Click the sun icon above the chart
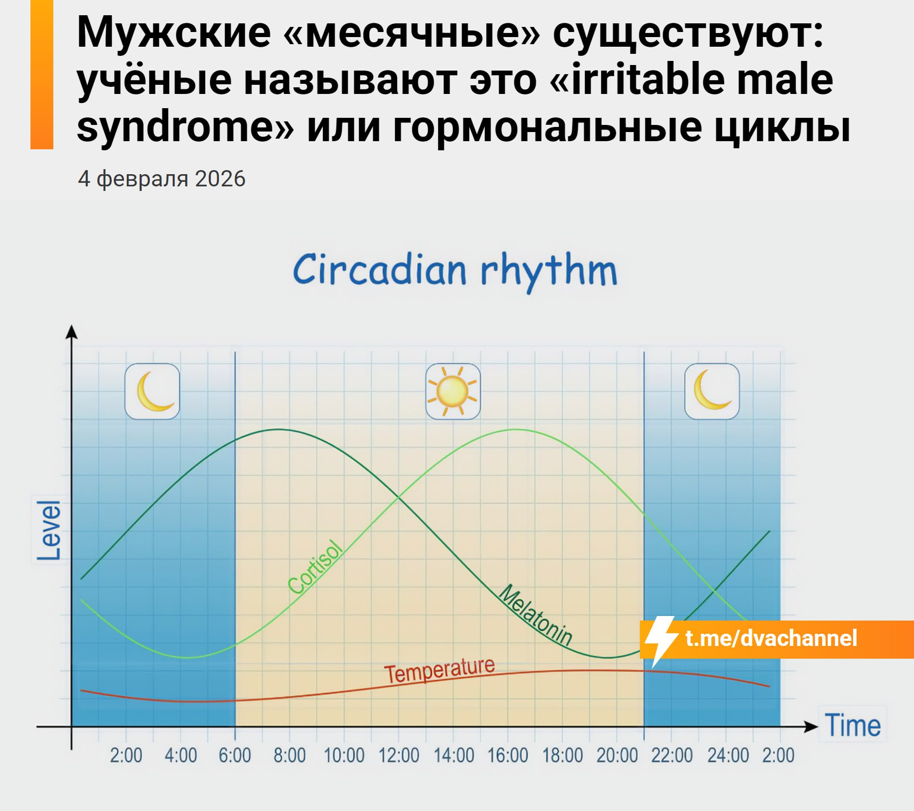[x=452, y=391]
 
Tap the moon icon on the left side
[x=152, y=391]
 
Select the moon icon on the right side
[x=712, y=391]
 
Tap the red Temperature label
[x=439, y=670]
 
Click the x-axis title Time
[x=853, y=725]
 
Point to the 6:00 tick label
[x=235, y=756]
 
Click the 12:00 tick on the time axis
[x=399, y=756]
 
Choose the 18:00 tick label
[x=563, y=756]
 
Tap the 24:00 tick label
[x=728, y=756]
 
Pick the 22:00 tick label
[x=672, y=756]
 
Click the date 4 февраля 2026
[x=161, y=179]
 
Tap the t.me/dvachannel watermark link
[x=771, y=638]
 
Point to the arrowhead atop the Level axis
[x=72, y=331]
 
